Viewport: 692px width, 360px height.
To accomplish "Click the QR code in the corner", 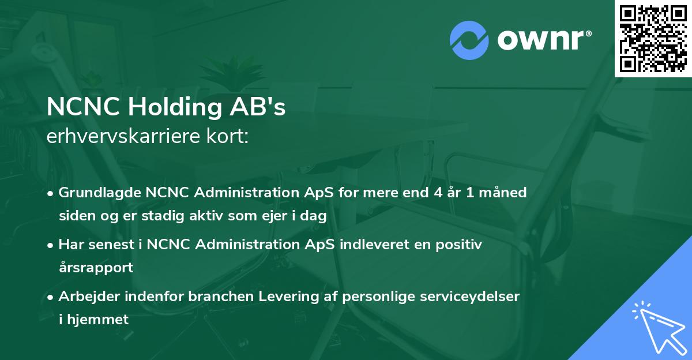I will (x=653, y=39).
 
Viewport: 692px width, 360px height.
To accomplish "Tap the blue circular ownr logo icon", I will (x=469, y=40).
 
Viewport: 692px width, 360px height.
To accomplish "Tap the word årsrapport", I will (x=96, y=268).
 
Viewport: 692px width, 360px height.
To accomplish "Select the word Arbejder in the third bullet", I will (x=86, y=297).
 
